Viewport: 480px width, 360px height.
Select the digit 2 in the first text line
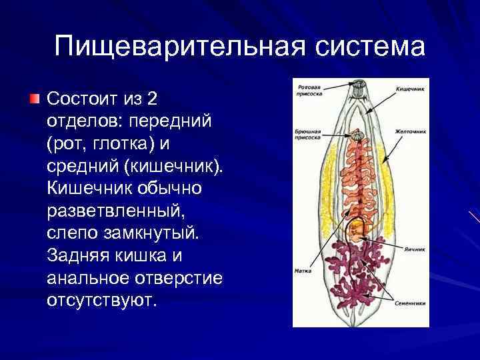(153, 99)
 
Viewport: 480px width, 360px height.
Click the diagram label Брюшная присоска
(307, 136)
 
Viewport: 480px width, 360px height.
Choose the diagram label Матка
(301, 271)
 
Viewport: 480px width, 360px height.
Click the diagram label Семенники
(410, 302)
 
